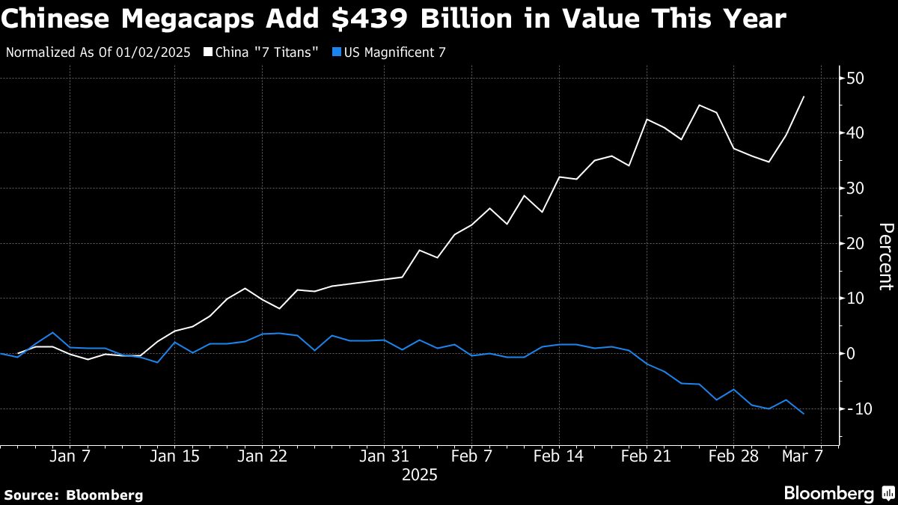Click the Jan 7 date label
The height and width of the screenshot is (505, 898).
[x=70, y=456]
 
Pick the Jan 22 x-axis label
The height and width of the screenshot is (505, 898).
[x=262, y=456]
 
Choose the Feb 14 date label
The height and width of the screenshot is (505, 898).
[x=559, y=456]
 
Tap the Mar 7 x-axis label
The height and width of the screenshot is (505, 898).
[x=804, y=456]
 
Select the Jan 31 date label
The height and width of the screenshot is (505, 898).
[x=384, y=456]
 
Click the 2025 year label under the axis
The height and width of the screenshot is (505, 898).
[x=419, y=475]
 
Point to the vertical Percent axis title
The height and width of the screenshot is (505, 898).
[x=885, y=256]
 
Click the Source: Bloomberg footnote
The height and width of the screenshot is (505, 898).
[x=73, y=495]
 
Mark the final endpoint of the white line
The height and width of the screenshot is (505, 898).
[x=804, y=97]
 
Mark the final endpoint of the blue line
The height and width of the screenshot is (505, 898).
[x=804, y=414]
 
